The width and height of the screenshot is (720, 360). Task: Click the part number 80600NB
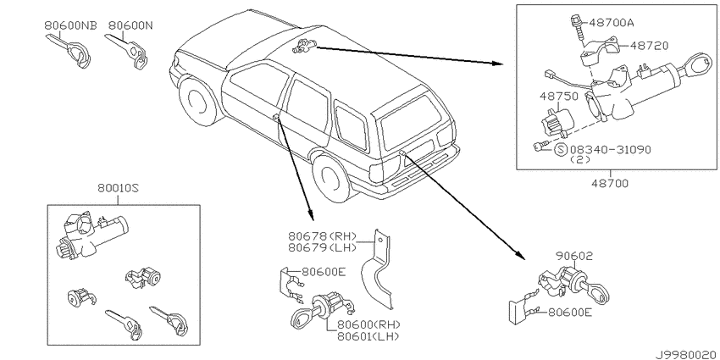coord(70,25)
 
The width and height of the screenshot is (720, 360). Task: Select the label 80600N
coord(130,25)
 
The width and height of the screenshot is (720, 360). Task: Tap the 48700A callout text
coord(612,22)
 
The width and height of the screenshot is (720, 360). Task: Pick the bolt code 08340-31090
coord(610,150)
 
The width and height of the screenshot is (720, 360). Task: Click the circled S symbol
coord(560,150)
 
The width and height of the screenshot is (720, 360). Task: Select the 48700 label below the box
coord(609,184)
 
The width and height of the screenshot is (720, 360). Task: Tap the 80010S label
coord(118,188)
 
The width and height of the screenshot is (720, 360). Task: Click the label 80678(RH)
coord(323,236)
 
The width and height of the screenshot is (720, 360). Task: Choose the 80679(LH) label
coord(323,248)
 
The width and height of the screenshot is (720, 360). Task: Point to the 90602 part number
coord(574,256)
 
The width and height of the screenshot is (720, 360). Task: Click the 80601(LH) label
coord(368,336)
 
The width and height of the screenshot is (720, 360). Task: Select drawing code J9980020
coord(687,355)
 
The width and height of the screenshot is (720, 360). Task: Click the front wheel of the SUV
coord(197,102)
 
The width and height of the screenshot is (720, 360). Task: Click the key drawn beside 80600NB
coord(69,52)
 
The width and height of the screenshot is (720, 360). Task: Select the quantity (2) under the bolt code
coord(580,160)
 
